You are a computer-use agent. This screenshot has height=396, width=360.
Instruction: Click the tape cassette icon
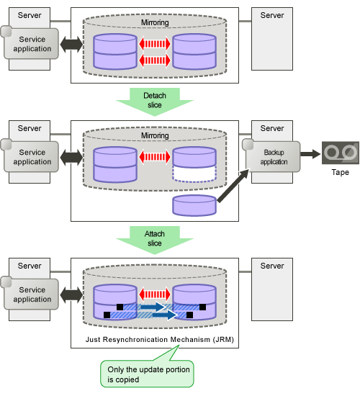click(x=341, y=153)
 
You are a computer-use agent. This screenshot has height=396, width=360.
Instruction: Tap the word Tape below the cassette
click(x=341, y=172)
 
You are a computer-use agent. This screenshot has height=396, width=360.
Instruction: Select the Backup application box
click(x=271, y=156)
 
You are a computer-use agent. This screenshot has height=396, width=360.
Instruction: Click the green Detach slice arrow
click(x=155, y=102)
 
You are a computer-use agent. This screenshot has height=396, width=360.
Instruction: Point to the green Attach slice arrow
click(x=155, y=240)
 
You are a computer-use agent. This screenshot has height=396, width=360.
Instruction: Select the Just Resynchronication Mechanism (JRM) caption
click(x=160, y=339)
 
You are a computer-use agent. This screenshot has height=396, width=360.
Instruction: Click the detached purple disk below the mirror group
click(x=194, y=205)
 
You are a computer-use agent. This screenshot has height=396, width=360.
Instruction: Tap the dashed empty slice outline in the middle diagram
click(x=194, y=174)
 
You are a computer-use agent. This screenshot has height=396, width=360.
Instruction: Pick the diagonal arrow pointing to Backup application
click(x=233, y=186)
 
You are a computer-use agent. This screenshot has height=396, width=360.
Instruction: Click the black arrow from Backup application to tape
click(x=310, y=154)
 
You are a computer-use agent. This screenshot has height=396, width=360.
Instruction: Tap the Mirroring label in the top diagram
click(x=155, y=22)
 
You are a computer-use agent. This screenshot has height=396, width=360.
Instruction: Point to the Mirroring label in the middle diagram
click(x=155, y=135)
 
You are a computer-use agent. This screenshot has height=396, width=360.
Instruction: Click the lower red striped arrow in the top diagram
click(x=155, y=60)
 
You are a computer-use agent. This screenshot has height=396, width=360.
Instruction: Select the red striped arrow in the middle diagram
click(x=155, y=157)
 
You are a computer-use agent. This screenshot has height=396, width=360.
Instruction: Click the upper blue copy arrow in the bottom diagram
click(x=153, y=307)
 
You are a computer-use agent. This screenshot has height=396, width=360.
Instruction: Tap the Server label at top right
click(x=272, y=15)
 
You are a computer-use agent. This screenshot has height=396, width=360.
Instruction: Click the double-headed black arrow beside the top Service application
click(x=71, y=45)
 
